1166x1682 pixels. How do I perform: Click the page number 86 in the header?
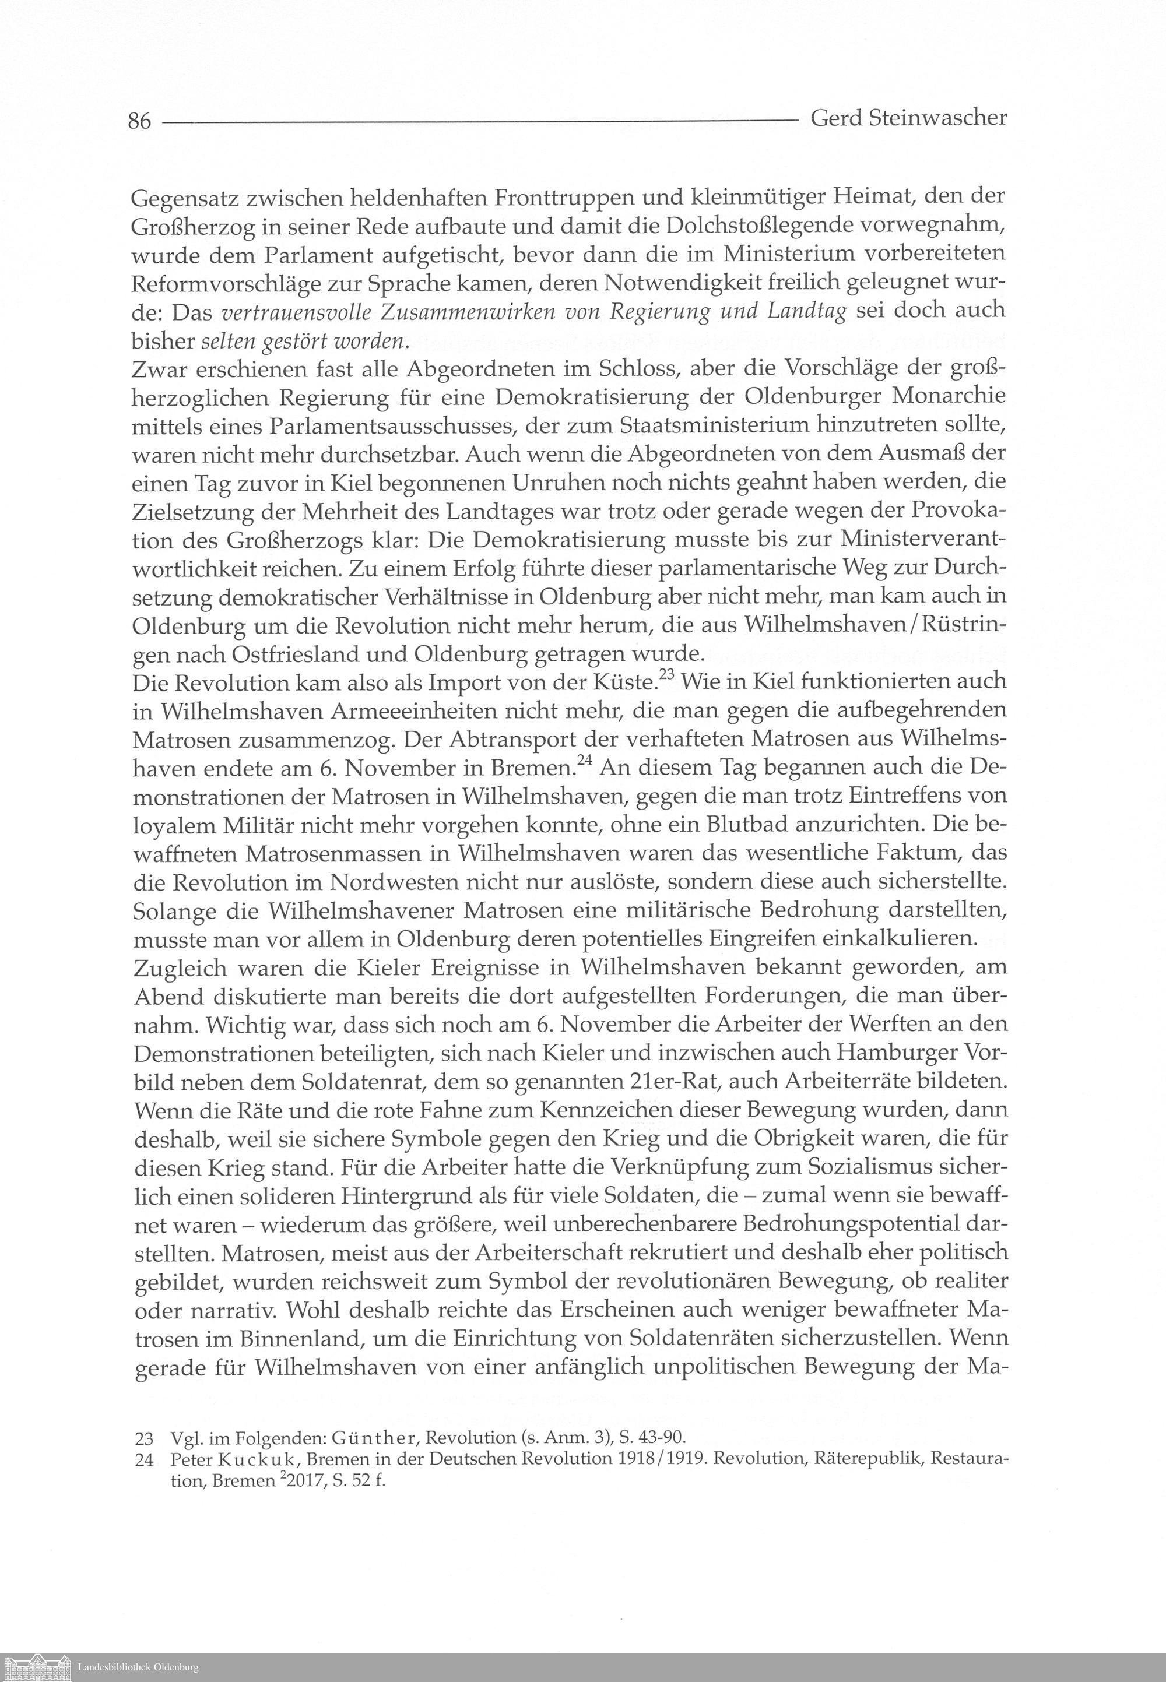(x=139, y=121)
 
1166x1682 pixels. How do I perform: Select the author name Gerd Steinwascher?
(x=909, y=118)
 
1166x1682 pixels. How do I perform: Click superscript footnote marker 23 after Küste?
(x=667, y=675)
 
